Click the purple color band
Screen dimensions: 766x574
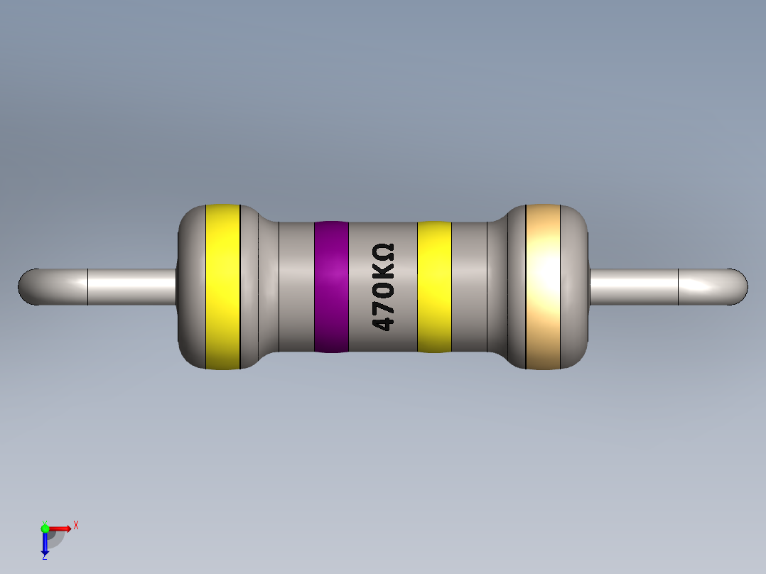331,286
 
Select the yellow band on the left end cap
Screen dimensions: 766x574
222,286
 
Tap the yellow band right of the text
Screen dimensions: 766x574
433,286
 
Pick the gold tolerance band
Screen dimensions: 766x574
543,286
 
